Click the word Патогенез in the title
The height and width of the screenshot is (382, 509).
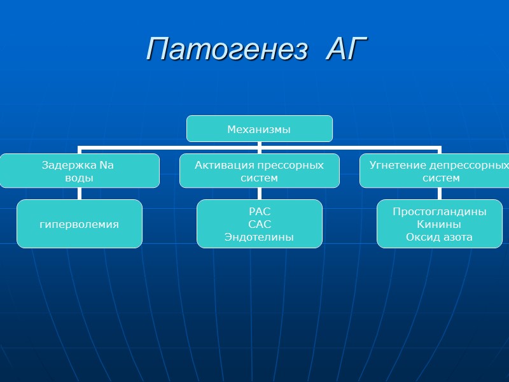click(227, 48)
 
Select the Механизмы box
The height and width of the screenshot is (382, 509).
click(259, 129)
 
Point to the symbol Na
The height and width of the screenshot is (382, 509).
click(106, 166)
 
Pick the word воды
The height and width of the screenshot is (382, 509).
click(79, 178)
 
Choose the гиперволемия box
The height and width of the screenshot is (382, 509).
click(79, 224)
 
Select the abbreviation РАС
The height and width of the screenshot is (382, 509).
click(259, 211)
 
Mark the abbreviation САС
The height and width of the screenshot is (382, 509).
click(259, 224)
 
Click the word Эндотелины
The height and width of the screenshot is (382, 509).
click(259, 237)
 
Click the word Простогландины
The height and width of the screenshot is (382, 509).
click(440, 211)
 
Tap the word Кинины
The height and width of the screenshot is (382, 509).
click(440, 224)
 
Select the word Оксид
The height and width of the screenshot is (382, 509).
click(421, 237)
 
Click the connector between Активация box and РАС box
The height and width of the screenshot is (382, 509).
click(259, 194)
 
